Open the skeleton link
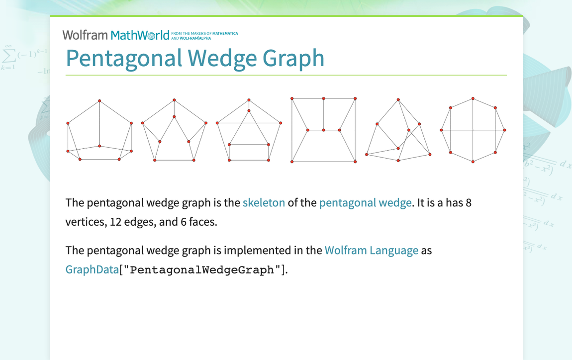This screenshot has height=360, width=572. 264,203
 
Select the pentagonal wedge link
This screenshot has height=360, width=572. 365,203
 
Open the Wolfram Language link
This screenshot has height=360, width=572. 371,250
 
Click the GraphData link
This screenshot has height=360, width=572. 92,270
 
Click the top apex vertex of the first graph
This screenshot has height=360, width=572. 99,101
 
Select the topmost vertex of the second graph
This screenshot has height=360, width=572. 174,100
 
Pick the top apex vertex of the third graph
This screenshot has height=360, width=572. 249,100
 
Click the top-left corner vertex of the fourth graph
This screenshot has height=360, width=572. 292,98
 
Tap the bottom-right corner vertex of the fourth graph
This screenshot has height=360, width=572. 355,162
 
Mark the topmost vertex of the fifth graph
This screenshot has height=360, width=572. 398,100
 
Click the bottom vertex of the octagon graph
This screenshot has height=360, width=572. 473,162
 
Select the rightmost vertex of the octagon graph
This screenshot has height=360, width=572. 504,130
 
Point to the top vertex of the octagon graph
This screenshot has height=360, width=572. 473,98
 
